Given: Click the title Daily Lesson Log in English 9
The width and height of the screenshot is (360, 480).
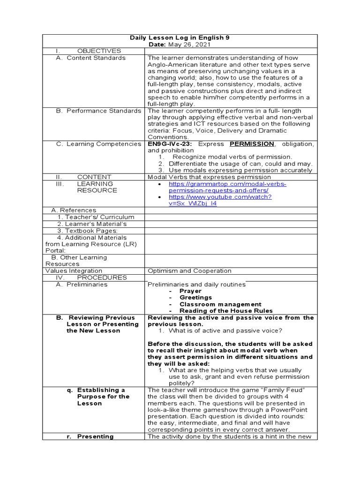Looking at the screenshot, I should pos(180,37).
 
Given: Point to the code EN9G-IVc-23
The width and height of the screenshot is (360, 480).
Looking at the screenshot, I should pos(167,144).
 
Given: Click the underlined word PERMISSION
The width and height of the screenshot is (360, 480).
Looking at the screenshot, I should pos(252,144).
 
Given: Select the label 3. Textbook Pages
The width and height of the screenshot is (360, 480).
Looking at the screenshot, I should pos(87,231).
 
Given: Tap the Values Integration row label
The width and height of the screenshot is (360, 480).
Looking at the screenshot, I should pos(74,270).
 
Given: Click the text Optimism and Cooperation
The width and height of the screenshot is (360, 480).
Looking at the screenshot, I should pos(189,270).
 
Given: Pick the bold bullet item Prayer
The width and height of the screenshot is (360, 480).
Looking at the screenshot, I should pos(190,291).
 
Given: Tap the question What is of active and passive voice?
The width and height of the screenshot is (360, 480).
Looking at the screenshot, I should pos(225,330).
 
